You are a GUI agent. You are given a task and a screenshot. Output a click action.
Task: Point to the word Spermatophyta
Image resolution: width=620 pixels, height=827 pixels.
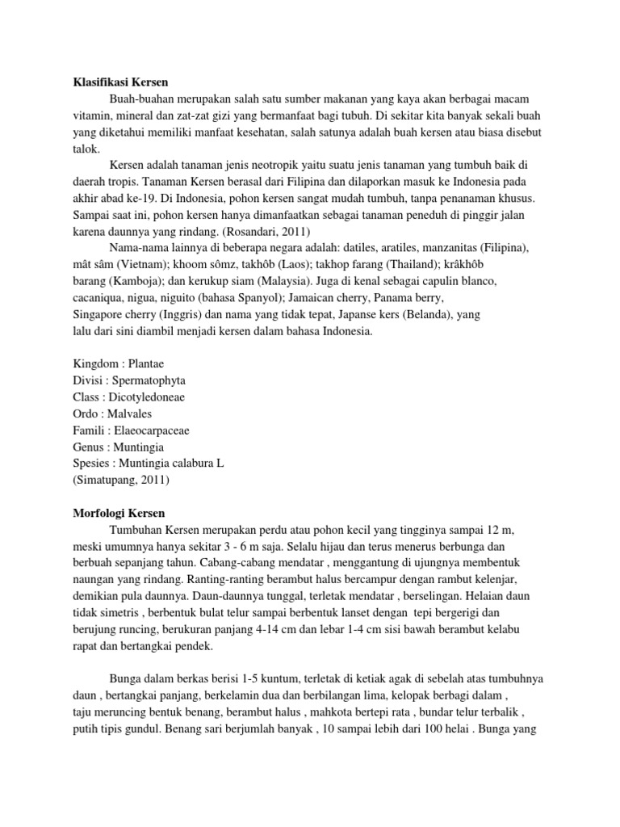pyautogui.click(x=148, y=380)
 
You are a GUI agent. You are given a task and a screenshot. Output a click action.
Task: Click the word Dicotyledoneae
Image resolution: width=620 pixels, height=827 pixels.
pyautogui.click(x=145, y=397)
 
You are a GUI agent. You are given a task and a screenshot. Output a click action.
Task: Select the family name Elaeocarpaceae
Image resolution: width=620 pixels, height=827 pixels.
pyautogui.click(x=153, y=430)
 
